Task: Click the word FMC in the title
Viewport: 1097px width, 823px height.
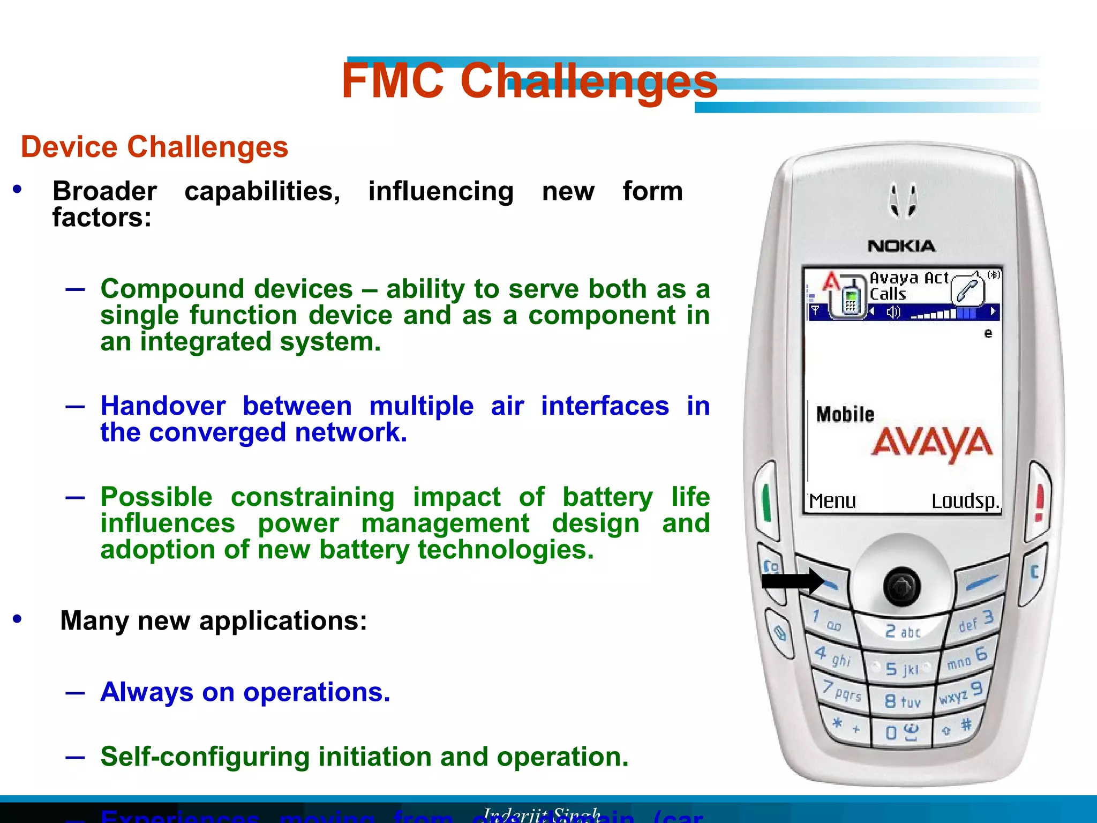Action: click(393, 81)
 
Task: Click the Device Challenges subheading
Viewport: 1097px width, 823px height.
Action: click(154, 147)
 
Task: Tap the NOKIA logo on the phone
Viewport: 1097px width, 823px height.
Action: click(901, 246)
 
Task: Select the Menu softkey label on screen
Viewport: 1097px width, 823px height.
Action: click(832, 502)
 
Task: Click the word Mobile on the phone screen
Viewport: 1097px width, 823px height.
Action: click(845, 414)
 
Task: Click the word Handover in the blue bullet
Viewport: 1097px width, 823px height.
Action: click(163, 406)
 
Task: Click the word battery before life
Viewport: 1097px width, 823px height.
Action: click(607, 497)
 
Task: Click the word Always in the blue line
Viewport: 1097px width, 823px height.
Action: click(146, 692)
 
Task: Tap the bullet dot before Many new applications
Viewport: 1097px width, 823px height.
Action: click(18, 619)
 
